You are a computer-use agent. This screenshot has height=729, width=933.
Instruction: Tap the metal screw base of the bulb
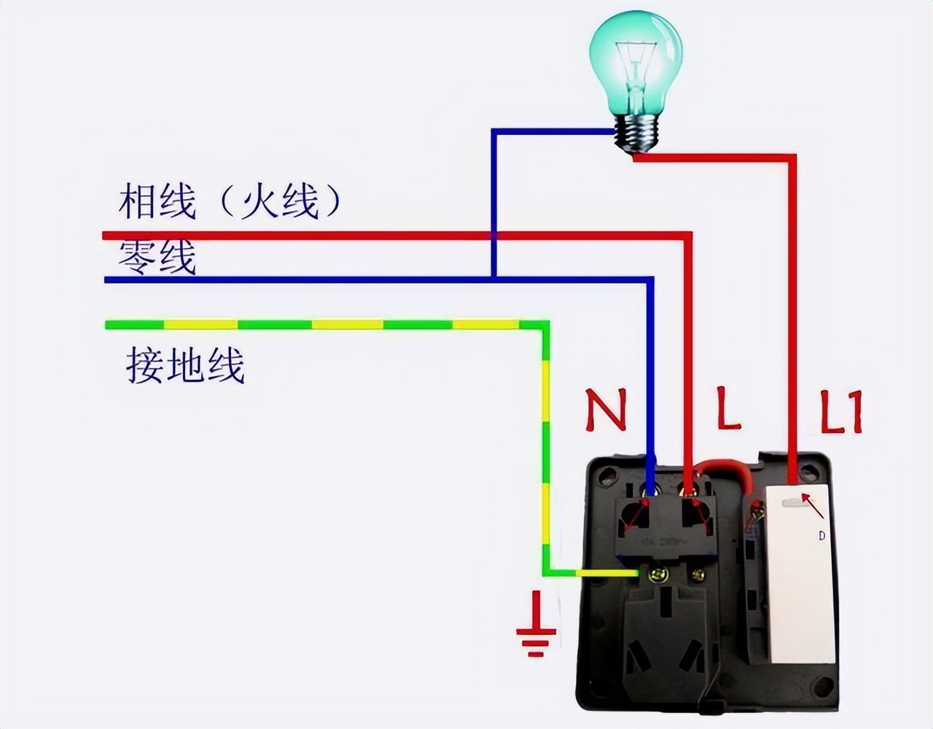637,134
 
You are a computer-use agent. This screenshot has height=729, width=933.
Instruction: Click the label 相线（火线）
230,201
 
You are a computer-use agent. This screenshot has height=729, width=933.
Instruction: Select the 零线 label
157,257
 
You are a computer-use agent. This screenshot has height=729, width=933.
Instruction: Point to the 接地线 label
185,365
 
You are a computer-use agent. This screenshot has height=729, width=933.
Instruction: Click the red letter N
606,410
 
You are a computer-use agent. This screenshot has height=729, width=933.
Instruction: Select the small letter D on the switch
821,536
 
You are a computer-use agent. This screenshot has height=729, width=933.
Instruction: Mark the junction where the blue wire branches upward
493,278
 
